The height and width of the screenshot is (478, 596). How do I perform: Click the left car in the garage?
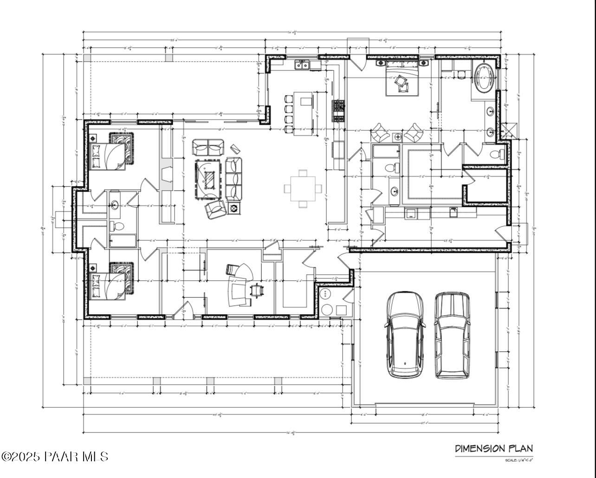coord(405,334)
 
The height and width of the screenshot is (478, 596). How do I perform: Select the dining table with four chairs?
coord(303,188)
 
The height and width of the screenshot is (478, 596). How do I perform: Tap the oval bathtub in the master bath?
coord(484,78)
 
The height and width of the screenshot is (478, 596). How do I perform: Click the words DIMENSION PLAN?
coord(494,448)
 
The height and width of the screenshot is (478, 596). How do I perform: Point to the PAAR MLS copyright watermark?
coord(55,456)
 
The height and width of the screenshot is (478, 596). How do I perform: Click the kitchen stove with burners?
coord(338,111)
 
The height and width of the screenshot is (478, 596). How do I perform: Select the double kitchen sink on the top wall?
coord(302,65)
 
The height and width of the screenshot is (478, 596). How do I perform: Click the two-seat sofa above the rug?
coord(208,148)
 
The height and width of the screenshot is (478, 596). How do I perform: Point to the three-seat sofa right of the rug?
coord(233,178)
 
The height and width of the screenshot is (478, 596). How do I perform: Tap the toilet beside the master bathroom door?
coord(497,154)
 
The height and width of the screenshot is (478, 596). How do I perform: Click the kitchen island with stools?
coord(303,113)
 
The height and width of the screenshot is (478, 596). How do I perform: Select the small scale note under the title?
coord(519,460)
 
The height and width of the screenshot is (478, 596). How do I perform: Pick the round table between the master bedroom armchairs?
coord(397,136)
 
